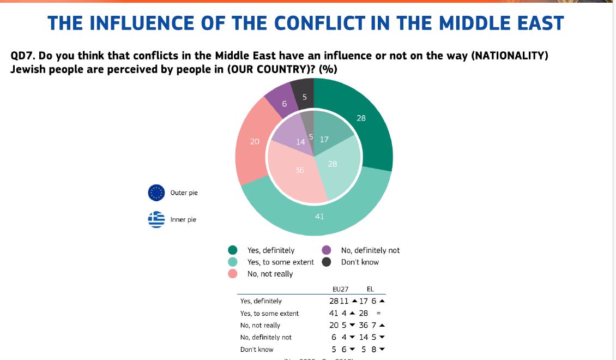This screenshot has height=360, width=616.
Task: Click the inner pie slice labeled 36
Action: [297, 175]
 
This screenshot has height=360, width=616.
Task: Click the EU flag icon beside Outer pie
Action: [156, 193]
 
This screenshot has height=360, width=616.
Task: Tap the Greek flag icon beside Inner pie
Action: [156, 219]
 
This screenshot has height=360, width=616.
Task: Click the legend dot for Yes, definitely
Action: [233, 250]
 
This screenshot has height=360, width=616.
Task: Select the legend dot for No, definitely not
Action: [327, 250]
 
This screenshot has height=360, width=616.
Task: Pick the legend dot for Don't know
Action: [327, 262]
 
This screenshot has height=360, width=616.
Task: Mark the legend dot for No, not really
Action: [233, 274]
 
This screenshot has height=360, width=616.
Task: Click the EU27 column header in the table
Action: [341, 289]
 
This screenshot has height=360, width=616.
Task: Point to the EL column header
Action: [371, 289]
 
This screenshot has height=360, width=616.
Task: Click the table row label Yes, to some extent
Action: [269, 314]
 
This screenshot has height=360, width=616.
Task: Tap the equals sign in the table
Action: [378, 314]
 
